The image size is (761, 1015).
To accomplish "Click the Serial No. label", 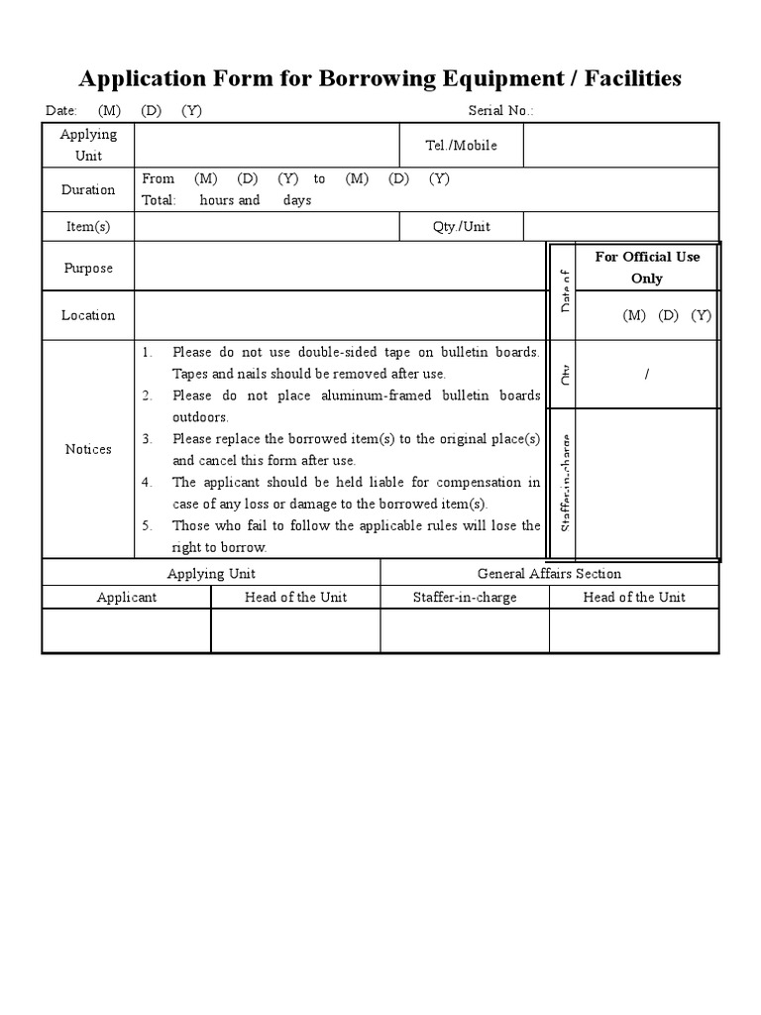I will pyautogui.click(x=500, y=110).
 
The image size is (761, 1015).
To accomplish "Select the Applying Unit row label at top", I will pyautogui.click(x=88, y=145).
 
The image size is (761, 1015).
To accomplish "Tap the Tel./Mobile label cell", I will pyautogui.click(x=461, y=146).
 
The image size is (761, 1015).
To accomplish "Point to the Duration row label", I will pyautogui.click(x=88, y=189).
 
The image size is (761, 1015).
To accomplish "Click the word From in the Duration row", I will pyautogui.click(x=159, y=178).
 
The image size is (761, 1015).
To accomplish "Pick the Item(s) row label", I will pyautogui.click(x=88, y=226).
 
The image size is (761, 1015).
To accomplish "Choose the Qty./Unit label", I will pyautogui.click(x=461, y=226).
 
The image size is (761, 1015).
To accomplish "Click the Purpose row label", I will pyautogui.click(x=88, y=268).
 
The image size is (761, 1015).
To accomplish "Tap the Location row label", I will pyautogui.click(x=88, y=315).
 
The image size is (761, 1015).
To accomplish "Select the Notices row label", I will pyautogui.click(x=88, y=449).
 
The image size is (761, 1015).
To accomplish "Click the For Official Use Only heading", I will pyautogui.click(x=647, y=268).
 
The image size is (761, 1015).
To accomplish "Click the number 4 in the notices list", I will pyautogui.click(x=147, y=483).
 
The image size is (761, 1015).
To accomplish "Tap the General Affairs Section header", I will pyautogui.click(x=549, y=573).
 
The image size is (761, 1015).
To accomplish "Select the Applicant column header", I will pyautogui.click(x=126, y=597).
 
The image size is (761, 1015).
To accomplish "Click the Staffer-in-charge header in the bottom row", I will pyautogui.click(x=465, y=597).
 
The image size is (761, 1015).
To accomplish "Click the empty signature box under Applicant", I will pyautogui.click(x=126, y=630).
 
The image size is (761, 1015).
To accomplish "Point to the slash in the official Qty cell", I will pyautogui.click(x=647, y=374).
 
